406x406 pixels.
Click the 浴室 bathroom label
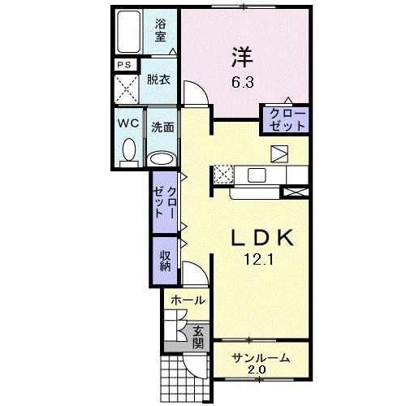tap(161, 29)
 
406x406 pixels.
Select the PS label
tap(124, 66)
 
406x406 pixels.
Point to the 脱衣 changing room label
tap(158, 80)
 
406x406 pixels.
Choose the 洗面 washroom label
tap(162, 127)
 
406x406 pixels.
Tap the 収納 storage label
tap(165, 259)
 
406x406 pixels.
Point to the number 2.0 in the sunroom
tap(257, 371)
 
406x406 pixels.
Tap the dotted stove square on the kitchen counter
tap(222, 173)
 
